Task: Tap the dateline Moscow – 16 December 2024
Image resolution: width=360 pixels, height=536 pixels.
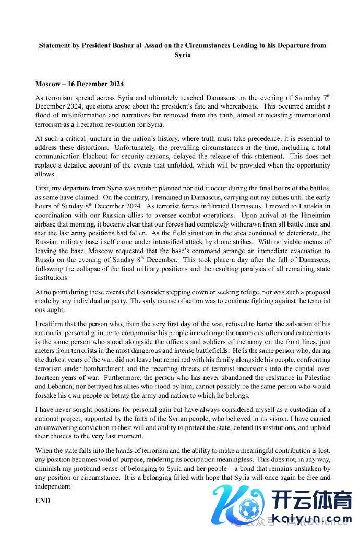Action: click(79, 84)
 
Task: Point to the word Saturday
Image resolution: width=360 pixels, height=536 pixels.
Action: click(295, 98)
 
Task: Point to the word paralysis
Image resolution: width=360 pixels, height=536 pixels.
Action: click(256, 269)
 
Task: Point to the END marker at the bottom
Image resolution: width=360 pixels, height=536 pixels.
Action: click(43, 500)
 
